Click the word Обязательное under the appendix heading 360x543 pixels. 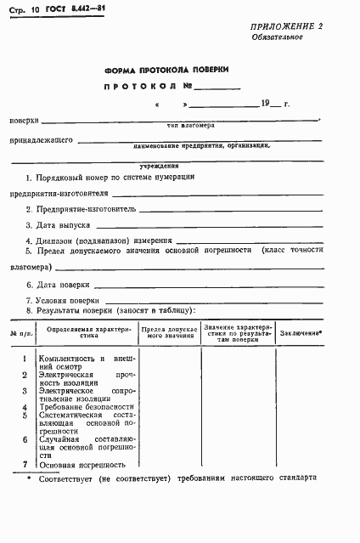[277, 38]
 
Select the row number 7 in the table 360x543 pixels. [25, 464]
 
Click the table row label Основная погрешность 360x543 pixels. [83, 465]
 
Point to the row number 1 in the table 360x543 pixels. [25, 359]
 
